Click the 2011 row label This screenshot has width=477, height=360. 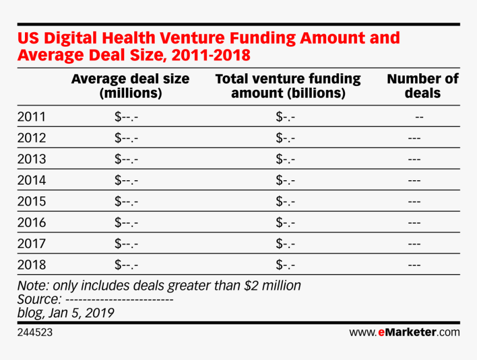tap(31, 117)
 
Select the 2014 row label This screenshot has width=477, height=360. tap(31, 180)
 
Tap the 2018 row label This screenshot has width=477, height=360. tap(31, 265)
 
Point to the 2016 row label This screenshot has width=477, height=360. tap(31, 222)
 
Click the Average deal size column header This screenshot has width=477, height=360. tap(130, 86)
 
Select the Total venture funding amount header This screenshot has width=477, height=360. tap(288, 86)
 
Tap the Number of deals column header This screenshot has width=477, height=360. tap(423, 86)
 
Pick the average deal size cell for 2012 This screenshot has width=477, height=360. tap(126, 138)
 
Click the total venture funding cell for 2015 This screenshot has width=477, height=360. tap(285, 201)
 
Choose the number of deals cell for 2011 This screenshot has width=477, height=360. tap(419, 117)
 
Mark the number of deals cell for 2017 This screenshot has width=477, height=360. tap(414, 244)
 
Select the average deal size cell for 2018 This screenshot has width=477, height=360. tap(126, 265)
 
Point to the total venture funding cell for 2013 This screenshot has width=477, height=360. tap(285, 159)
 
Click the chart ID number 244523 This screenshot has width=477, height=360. tap(35, 333)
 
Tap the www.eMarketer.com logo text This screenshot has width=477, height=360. tap(404, 333)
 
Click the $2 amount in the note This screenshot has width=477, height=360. tap(252, 286)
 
